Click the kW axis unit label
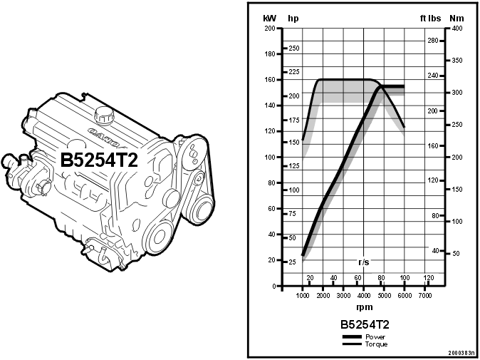point(269,18)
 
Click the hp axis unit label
point(293,18)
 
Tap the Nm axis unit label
point(456,18)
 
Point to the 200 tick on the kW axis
point(270,29)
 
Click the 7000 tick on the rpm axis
point(425,295)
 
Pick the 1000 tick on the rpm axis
point(303,295)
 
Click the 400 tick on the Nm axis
point(456,29)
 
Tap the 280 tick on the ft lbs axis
point(432,41)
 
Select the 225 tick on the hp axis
point(293,72)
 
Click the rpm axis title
point(363,308)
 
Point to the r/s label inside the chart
point(364,262)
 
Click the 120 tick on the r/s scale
point(428,277)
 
